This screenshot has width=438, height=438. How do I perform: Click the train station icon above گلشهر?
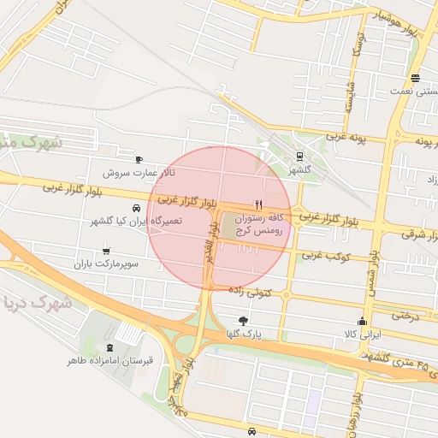tap(299, 156)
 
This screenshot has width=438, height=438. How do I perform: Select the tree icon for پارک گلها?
tap(245, 321)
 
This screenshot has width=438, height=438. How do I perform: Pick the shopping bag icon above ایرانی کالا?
tap(362, 322)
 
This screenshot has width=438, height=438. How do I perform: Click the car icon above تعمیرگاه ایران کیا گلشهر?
tap(136, 208)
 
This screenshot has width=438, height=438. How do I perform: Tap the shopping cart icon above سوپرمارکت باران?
tap(105, 252)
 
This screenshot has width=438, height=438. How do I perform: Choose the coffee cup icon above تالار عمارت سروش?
tap(139, 159)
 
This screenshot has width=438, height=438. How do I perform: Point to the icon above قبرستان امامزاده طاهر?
tap(109, 347)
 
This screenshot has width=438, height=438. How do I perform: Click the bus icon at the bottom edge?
tap(251, 430)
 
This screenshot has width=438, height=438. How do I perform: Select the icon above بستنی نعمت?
tap(414, 76)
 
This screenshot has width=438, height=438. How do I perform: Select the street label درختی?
tap(408, 315)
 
